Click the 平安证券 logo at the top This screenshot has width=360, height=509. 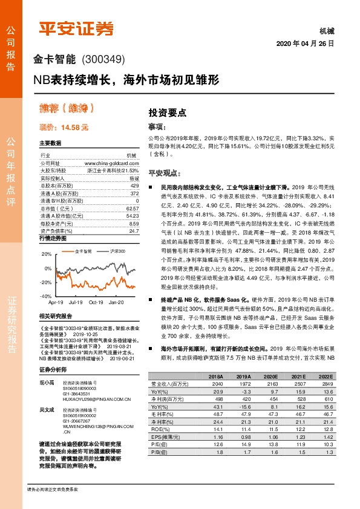76,28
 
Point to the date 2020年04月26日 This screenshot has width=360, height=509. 305,44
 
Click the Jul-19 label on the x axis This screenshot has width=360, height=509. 76,302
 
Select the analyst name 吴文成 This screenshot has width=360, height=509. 45,409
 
